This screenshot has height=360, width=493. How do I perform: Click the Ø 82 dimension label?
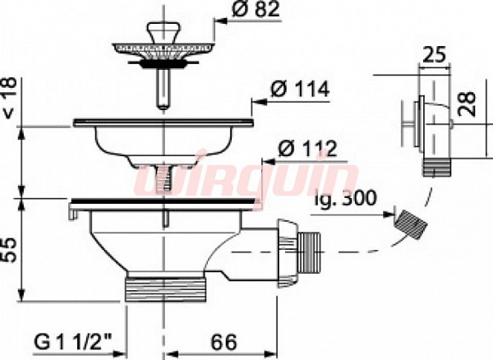[256, 10]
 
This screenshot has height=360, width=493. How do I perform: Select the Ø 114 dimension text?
[300, 90]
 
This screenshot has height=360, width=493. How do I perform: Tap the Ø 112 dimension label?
[307, 148]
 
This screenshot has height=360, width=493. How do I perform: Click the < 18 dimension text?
[8, 98]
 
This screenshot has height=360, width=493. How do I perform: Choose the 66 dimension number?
[223, 342]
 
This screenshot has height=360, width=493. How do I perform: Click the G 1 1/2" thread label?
[73, 343]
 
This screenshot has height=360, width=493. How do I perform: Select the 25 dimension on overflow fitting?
[434, 55]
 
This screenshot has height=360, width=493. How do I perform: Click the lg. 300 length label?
[345, 198]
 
